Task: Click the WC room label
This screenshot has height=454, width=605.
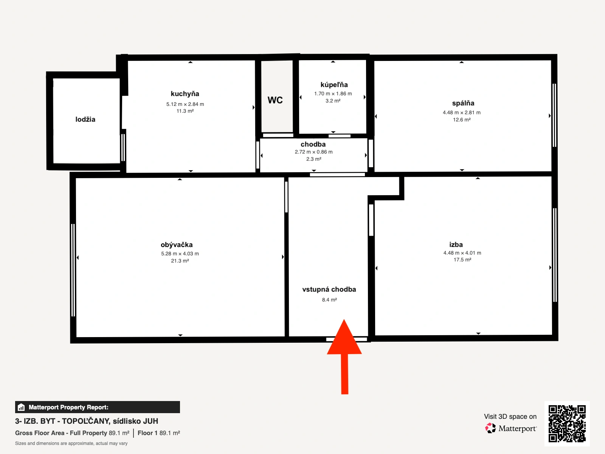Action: click(275, 100)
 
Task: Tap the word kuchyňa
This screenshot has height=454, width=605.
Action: click(185, 94)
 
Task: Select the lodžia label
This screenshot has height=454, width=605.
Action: click(85, 119)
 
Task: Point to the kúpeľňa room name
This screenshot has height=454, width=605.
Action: click(334, 85)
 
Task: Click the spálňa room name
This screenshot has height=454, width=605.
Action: click(463, 103)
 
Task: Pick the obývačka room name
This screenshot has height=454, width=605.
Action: click(177, 244)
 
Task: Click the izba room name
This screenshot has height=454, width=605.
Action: click(456, 244)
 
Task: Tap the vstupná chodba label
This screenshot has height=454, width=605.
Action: click(329, 289)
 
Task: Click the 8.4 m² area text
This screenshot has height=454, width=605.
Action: click(329, 300)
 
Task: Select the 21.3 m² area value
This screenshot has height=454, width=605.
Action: click(180, 261)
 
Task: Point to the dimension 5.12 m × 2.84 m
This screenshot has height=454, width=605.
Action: click(185, 104)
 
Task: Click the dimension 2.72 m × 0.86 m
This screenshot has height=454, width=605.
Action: click(314, 152)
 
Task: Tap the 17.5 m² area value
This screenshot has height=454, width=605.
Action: click(462, 260)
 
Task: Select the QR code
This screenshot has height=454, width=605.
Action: click(567, 424)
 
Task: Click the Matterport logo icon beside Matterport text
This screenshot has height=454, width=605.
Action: click(490, 428)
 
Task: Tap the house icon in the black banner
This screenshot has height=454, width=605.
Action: click(21, 407)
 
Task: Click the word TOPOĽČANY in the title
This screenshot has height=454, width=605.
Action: click(86, 421)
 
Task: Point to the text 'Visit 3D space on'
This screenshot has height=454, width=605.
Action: click(510, 417)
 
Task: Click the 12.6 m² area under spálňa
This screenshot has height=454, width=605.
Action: click(462, 120)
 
